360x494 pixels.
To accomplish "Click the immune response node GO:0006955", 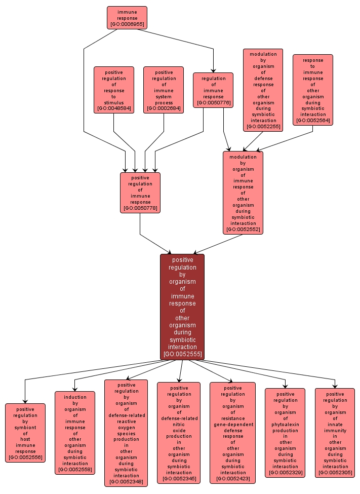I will point(127,18).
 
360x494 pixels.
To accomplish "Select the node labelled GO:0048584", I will point(113,90).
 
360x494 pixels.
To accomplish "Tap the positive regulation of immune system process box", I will point(163,90).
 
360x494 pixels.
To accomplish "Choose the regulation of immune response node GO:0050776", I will point(213,90).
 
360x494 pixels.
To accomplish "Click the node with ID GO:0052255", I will point(263,90).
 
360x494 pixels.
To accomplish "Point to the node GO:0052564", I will point(312,90).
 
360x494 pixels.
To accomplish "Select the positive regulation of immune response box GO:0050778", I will point(140,193).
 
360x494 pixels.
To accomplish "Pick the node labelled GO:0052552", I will point(243,193).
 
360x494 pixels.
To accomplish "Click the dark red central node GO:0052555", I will point(182,307).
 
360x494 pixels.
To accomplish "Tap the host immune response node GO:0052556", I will point(25,433).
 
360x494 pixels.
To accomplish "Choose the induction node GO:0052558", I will point(75,433).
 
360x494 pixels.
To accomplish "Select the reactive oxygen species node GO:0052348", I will point(126,433).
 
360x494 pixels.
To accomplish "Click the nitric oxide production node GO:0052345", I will point(179,433).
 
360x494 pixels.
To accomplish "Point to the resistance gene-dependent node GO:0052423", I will point(232,433).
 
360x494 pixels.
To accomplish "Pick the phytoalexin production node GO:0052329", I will point(285,433).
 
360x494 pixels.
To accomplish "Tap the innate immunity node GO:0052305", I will point(335,433).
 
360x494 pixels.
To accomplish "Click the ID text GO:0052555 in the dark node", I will point(182,354).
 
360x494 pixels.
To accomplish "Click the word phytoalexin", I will point(285,419).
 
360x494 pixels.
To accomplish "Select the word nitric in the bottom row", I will point(179,424).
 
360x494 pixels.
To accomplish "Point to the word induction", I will point(75,397).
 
